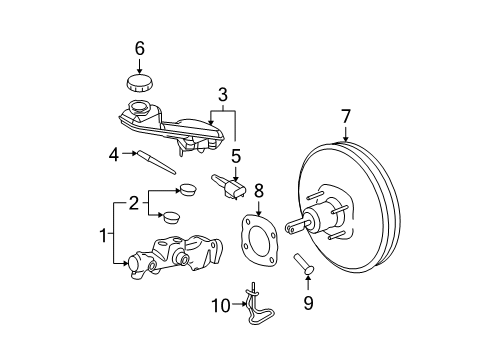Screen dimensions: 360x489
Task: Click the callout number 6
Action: pyautogui.click(x=140, y=47)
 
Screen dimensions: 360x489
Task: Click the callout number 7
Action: pyautogui.click(x=347, y=117)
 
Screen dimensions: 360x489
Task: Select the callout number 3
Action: pyautogui.click(x=222, y=95)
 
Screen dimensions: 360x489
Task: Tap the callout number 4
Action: pyautogui.click(x=115, y=153)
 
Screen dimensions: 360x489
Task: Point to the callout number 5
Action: pyautogui.click(x=236, y=156)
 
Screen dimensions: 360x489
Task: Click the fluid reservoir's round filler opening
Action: pyautogui.click(x=137, y=108)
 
